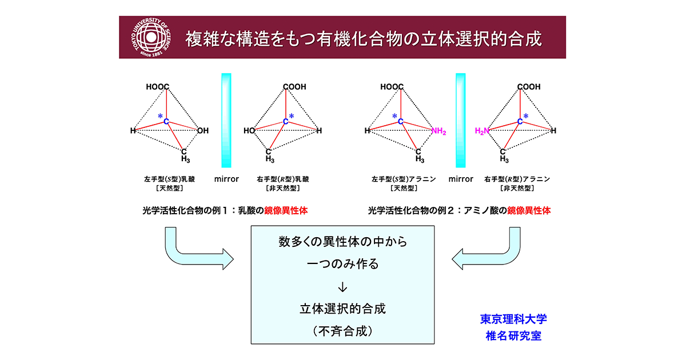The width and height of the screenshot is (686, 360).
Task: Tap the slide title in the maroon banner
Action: tap(363, 39)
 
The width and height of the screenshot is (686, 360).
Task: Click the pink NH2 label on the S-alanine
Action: tap(438, 131)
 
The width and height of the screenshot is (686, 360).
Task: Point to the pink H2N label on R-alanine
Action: tap(483, 131)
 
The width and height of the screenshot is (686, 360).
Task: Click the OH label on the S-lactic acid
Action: tap(203, 131)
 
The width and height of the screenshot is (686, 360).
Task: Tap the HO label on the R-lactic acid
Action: tap(249, 131)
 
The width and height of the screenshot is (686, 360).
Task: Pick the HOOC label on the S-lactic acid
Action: tap(158, 87)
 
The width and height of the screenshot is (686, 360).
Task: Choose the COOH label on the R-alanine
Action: tap(529, 87)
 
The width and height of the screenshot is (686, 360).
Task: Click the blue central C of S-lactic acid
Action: tap(166, 122)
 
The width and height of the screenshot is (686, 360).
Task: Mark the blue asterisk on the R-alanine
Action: tap(526, 117)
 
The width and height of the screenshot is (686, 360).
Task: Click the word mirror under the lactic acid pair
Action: tap(226, 179)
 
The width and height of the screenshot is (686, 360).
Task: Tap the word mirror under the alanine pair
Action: tap(461, 179)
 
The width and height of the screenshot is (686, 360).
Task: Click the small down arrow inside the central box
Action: tap(343, 287)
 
